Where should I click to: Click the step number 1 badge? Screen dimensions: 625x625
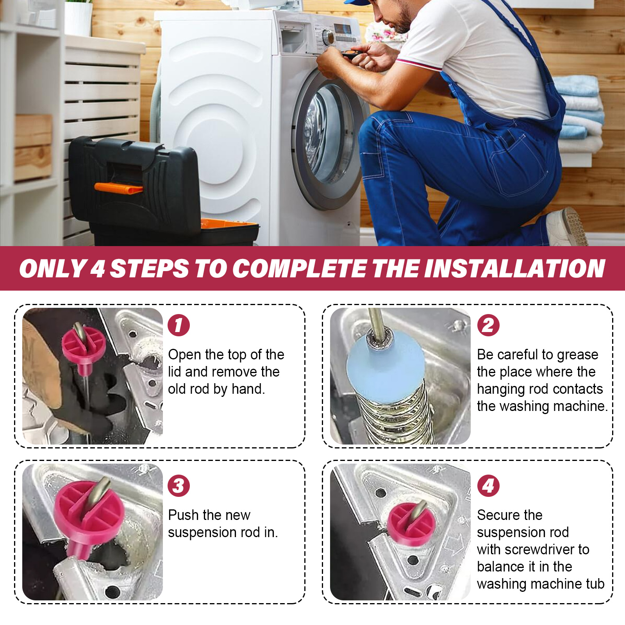[x=179, y=325]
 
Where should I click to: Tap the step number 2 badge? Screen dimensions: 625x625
[x=488, y=325]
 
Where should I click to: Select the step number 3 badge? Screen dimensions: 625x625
[x=179, y=486]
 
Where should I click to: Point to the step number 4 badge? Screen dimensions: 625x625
[x=488, y=486]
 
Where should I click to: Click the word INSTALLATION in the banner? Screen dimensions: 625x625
[x=514, y=269]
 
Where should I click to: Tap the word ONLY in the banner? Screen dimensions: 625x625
[x=53, y=269]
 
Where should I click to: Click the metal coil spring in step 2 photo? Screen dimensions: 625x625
[x=395, y=414]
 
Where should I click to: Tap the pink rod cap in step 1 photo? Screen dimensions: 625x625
[x=84, y=345]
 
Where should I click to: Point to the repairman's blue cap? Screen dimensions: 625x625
[x=356, y=2]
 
